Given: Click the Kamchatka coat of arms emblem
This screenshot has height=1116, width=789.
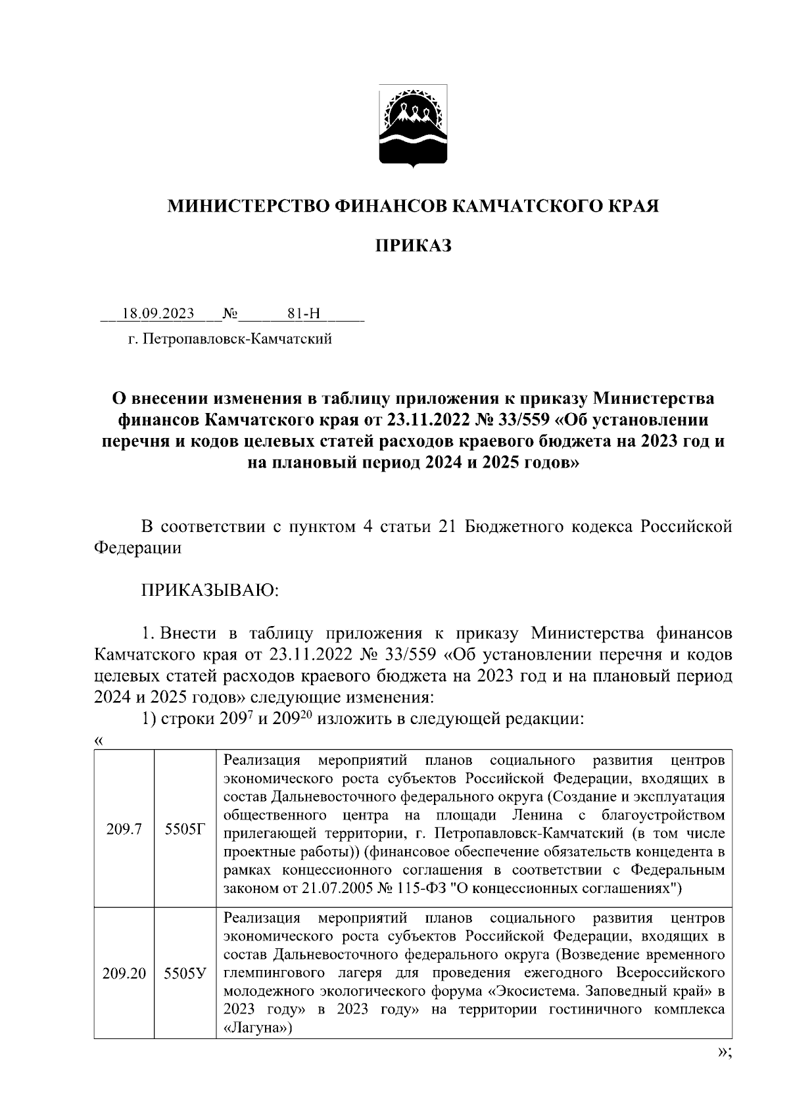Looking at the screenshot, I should pos(414,126).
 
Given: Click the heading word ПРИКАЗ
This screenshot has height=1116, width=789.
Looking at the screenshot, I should pos(414,246).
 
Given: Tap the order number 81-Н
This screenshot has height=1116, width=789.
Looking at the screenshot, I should pos(304,313).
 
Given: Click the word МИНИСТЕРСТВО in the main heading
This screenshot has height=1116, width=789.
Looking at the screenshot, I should pos(249,206).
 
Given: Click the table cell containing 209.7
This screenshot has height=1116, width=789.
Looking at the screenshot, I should pos(124,830).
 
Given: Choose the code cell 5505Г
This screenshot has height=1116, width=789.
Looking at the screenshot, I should pos(185,830).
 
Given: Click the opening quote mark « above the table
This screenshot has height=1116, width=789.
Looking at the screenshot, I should pos(99,740).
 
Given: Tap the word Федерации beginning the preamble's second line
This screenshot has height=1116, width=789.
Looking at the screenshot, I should pos(137,548).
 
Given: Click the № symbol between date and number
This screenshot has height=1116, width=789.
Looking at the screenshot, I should pos(230,313).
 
